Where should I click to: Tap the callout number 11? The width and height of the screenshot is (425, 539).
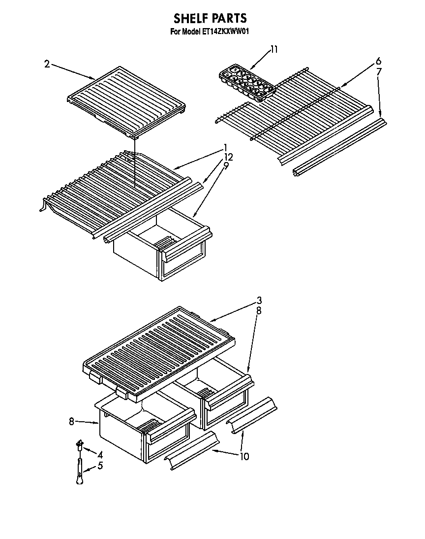[x=274, y=49]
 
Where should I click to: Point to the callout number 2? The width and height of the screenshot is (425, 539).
[x=47, y=64]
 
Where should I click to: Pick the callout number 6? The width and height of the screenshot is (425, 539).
[x=378, y=61]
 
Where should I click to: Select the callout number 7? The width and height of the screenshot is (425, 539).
[x=379, y=72]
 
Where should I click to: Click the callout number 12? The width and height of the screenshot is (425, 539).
[x=228, y=157]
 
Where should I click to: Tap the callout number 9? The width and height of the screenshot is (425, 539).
[x=226, y=166]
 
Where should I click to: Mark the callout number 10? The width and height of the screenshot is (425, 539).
[x=244, y=456]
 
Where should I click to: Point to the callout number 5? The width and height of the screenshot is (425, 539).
[x=100, y=465]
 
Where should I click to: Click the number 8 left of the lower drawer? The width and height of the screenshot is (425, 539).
[x=71, y=421]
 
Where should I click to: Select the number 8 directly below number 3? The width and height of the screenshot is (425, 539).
[x=259, y=311]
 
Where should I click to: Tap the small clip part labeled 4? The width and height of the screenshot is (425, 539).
[x=78, y=445]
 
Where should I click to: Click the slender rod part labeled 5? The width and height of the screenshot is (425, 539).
[x=79, y=471]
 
